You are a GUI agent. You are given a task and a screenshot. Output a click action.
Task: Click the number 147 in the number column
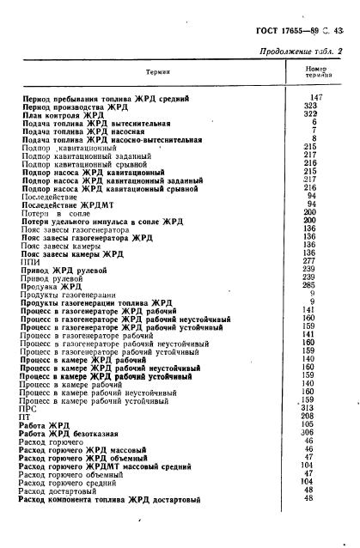[x=314, y=98]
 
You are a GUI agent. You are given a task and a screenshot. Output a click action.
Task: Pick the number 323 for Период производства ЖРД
[x=314, y=106]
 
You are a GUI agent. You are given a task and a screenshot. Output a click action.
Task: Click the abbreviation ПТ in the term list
[x=28, y=416]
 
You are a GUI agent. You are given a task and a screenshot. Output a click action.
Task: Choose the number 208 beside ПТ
[x=314, y=416]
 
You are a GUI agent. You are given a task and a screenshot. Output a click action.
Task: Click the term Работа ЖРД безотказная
[x=75, y=433]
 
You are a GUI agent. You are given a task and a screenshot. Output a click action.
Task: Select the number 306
[x=314, y=433]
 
